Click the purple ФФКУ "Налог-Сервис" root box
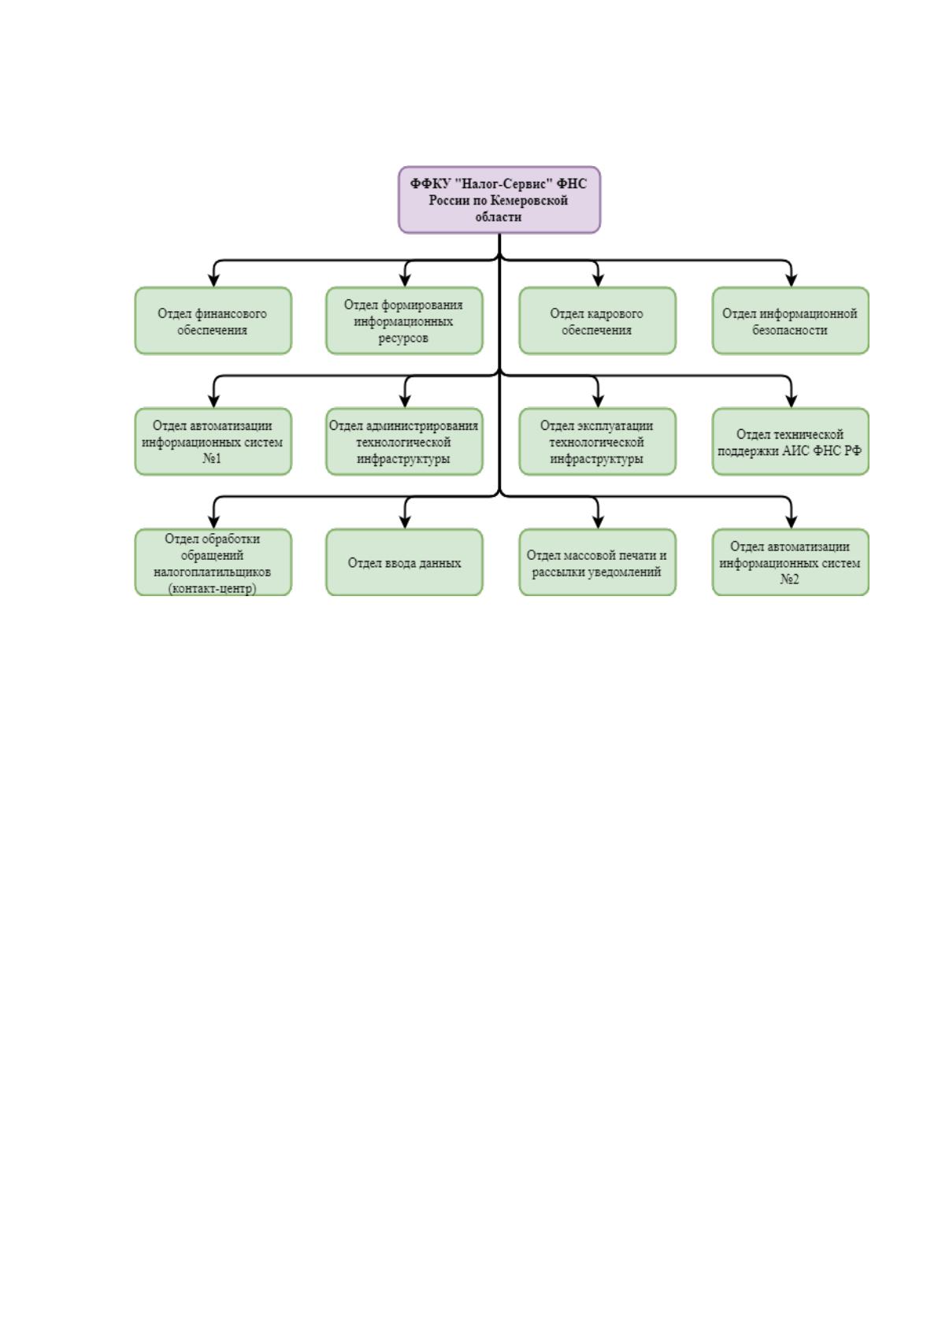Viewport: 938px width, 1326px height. click(x=499, y=199)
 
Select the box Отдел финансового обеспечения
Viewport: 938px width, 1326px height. click(x=213, y=320)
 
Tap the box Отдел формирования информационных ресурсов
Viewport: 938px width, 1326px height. click(x=404, y=320)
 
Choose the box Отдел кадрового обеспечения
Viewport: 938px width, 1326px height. click(x=597, y=320)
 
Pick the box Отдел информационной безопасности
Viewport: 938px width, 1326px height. click(x=790, y=320)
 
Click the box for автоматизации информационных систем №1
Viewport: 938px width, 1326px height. click(x=213, y=442)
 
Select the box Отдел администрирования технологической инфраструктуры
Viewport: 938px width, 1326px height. click(x=404, y=442)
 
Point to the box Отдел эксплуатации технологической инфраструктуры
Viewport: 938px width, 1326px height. click(x=597, y=442)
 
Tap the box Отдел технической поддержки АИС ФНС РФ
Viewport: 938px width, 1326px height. click(x=790, y=442)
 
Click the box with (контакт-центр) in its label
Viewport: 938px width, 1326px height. click(x=213, y=562)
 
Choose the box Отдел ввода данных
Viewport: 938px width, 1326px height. click(x=404, y=562)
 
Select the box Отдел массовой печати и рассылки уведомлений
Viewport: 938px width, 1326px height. click(x=597, y=562)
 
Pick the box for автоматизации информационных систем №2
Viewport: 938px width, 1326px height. click(x=790, y=562)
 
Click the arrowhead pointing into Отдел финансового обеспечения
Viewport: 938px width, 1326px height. click(x=213, y=280)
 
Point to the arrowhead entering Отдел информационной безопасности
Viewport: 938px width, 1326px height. click(x=792, y=280)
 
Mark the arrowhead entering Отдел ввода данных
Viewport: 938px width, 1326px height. click(x=405, y=521)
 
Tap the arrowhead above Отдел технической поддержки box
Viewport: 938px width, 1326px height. click(x=792, y=401)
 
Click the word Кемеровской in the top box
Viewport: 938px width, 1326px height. click(x=528, y=200)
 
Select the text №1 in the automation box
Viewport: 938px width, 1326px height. click(x=212, y=458)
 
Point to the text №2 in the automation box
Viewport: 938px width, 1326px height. click(x=789, y=579)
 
